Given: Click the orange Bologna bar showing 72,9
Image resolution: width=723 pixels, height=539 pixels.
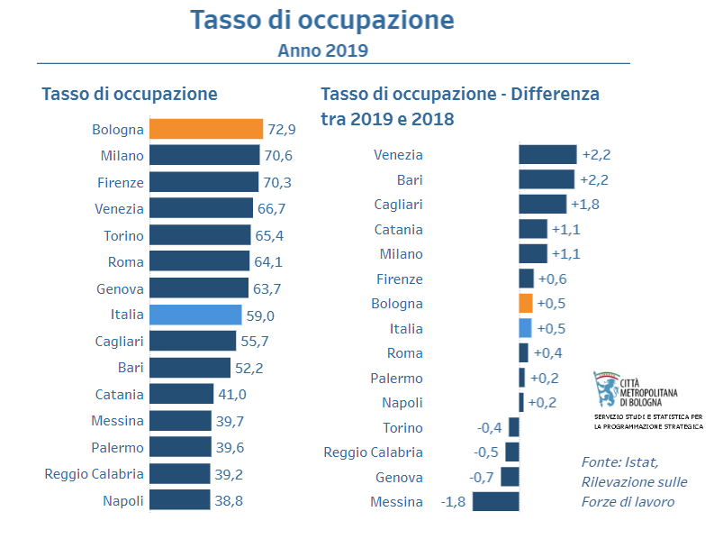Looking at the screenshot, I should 205,129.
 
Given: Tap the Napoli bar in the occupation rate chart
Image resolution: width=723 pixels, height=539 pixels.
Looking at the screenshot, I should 179,500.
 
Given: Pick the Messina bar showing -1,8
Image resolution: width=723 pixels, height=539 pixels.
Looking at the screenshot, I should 495,501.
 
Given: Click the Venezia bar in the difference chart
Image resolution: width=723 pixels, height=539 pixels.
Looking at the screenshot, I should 547,155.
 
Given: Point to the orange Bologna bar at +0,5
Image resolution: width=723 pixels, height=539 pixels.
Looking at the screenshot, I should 526,304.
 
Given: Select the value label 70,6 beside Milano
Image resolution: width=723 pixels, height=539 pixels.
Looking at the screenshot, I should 277,156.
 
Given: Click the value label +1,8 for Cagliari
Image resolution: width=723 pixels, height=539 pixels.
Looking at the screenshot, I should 585,205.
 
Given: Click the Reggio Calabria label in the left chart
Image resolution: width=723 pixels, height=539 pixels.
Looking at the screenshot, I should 94,474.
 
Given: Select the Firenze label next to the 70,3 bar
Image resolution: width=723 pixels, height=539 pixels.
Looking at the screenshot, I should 120,182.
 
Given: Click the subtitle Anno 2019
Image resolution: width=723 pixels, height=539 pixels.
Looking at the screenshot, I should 322,50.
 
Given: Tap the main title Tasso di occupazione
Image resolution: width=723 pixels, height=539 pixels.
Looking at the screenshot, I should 322,20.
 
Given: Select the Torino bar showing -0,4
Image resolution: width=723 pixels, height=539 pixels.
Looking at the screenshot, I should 513,427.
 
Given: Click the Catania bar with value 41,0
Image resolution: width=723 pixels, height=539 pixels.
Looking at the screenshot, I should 181,394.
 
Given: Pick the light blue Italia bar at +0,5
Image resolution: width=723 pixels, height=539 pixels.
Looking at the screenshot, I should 526,328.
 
